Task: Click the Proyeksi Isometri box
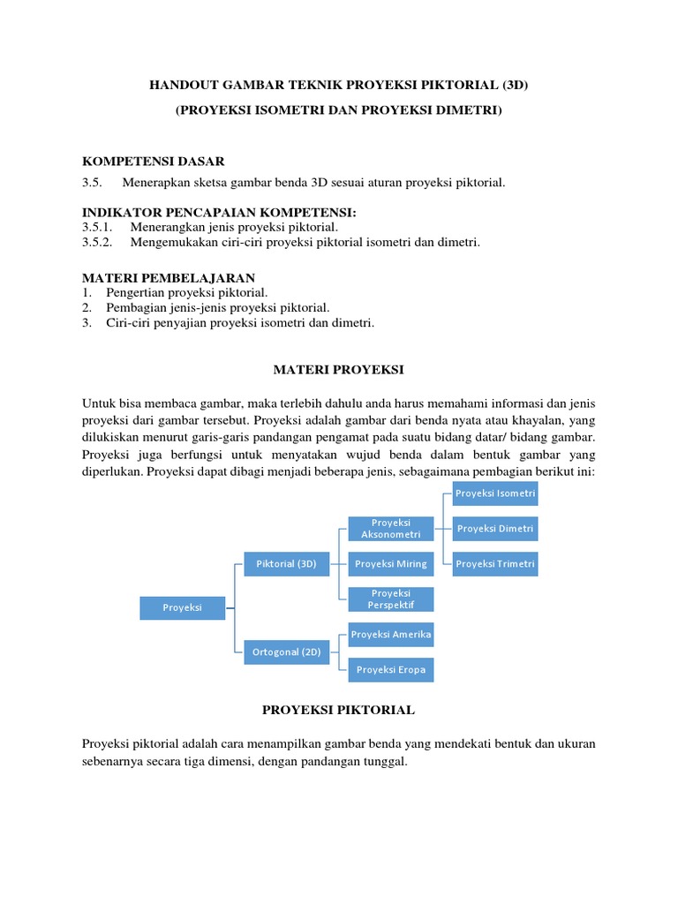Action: (x=495, y=493)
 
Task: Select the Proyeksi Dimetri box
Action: (x=495, y=529)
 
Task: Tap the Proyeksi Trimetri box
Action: (x=495, y=564)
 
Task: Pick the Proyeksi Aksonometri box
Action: (x=391, y=528)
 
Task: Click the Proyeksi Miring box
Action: (x=391, y=563)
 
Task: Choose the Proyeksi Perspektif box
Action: (x=391, y=599)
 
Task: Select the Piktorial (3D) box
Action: (x=286, y=563)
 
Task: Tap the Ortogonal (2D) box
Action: (x=286, y=652)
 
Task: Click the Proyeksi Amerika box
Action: (x=391, y=635)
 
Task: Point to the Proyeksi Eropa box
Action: (x=391, y=670)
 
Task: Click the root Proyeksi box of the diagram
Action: (x=183, y=607)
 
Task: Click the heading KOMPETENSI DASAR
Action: (x=154, y=161)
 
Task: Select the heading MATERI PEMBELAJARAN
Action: (x=169, y=277)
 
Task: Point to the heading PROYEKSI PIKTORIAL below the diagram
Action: (x=339, y=710)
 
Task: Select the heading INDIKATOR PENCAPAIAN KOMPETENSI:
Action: (x=220, y=213)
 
